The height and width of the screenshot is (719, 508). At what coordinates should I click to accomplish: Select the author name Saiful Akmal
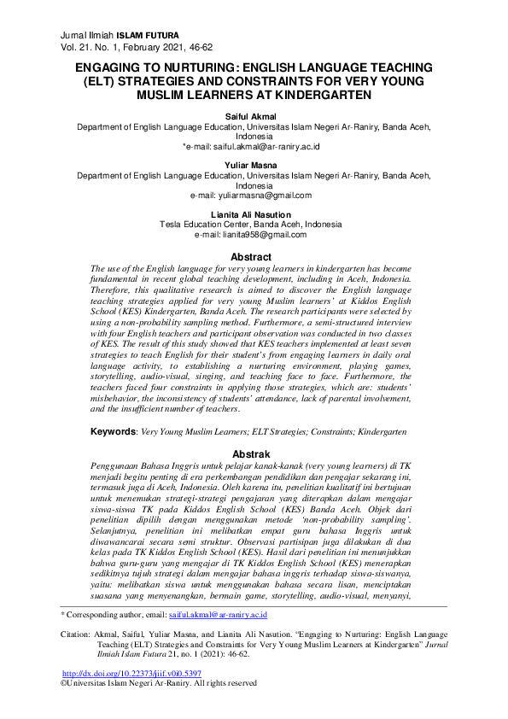254,117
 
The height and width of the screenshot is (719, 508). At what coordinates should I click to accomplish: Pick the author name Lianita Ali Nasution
254,213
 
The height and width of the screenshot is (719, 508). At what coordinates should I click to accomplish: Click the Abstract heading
254,256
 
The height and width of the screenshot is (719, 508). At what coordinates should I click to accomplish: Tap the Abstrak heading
254,453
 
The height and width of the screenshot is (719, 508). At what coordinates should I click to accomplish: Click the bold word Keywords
115,433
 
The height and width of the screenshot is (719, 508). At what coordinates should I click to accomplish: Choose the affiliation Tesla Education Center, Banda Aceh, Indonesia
254,224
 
